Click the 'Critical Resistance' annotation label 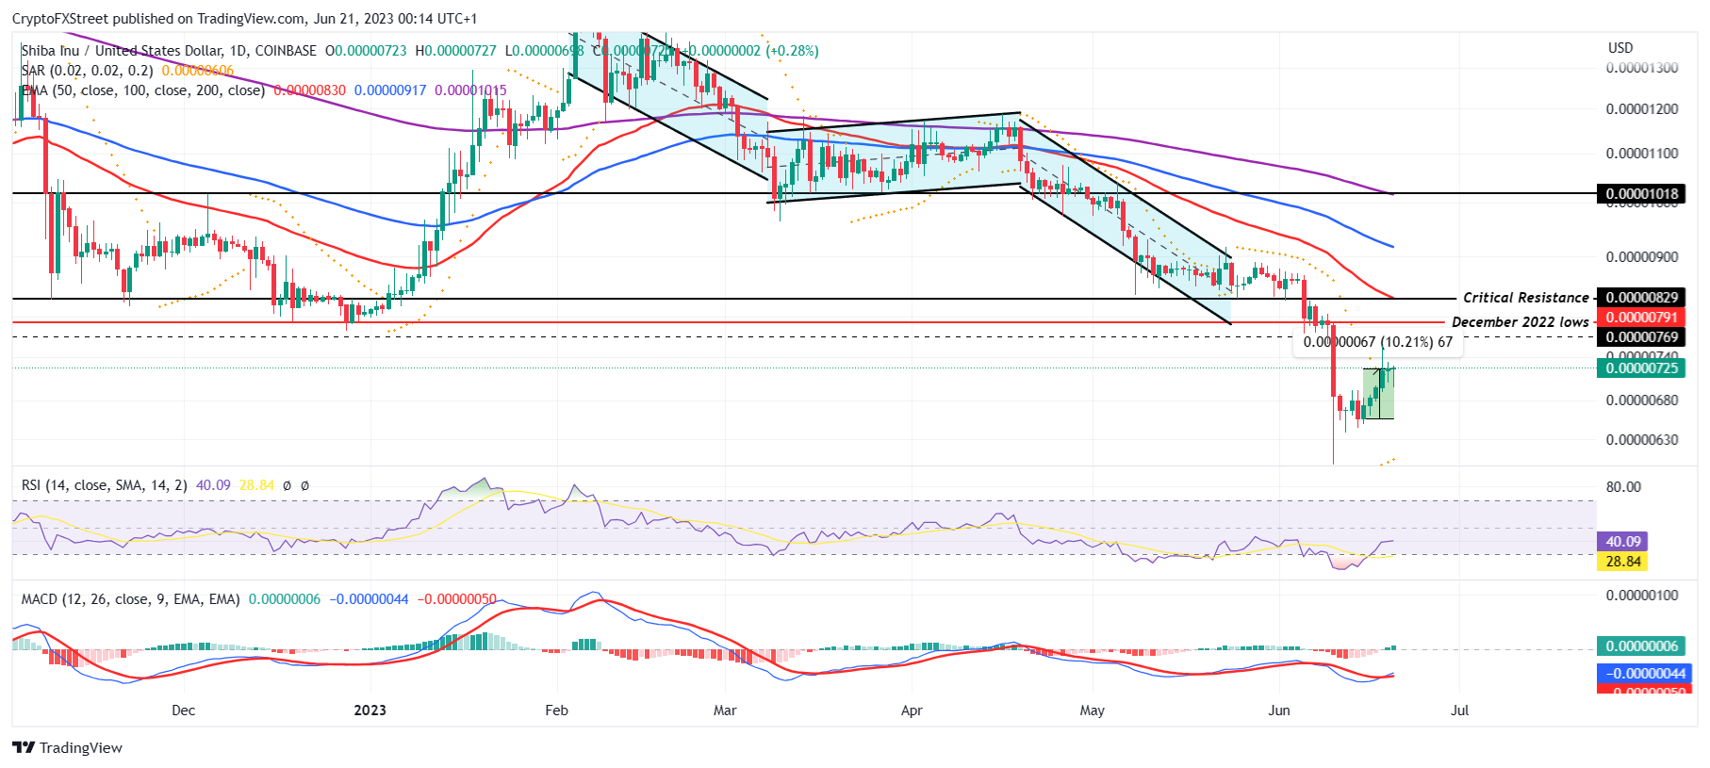[1525, 298]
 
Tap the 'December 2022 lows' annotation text [1520, 322]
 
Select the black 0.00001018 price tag [1641, 194]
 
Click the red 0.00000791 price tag [1641, 318]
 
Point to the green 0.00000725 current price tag [1641, 368]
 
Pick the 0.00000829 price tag [1641, 298]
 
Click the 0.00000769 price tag [1641, 337]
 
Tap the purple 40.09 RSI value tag [1622, 542]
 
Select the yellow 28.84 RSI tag [1622, 562]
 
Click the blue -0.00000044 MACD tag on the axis [1641, 674]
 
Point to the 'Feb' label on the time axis [556, 710]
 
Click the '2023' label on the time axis [370, 710]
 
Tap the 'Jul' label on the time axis [1459, 710]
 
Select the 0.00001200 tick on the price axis [1641, 109]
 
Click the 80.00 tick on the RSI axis [1623, 487]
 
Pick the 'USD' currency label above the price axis [1620, 48]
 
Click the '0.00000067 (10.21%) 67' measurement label [1377, 342]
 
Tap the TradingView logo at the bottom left [68, 747]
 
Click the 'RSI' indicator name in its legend [31, 485]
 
